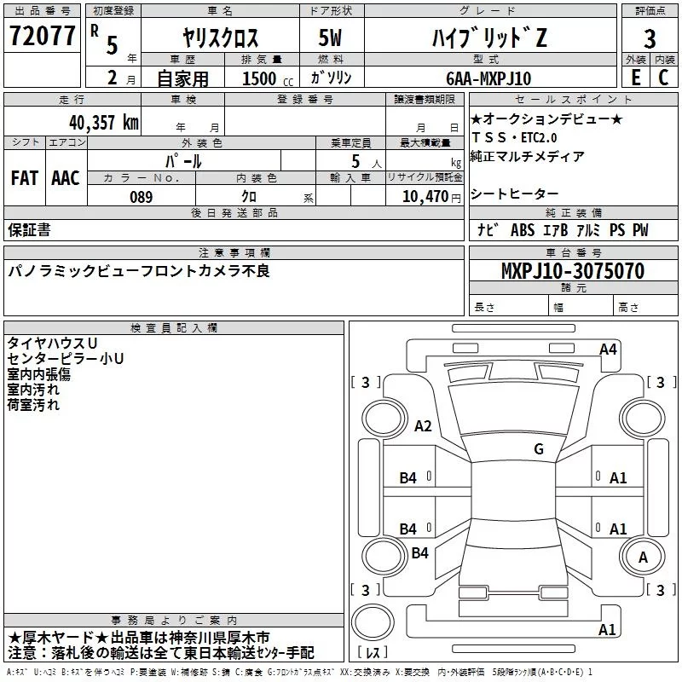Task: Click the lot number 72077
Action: pos(43,38)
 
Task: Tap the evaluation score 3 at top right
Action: pos(650,39)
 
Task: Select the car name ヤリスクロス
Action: pos(221,38)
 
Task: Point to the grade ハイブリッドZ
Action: pos(488,38)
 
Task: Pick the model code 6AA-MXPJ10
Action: pos(488,78)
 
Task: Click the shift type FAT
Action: pos(24,177)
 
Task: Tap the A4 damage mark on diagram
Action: pos(608,349)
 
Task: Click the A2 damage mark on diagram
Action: pos(423,426)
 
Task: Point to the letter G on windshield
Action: pos(539,448)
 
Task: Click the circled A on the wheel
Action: pos(643,557)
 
